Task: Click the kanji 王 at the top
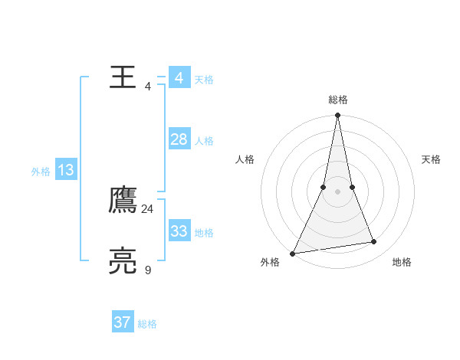point(123,77)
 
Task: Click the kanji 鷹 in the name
point(123,200)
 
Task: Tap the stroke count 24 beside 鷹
point(148,208)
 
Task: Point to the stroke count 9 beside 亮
point(148,270)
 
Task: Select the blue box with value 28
point(179,139)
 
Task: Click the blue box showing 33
point(179,231)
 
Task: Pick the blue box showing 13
point(65,170)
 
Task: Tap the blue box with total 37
point(122,322)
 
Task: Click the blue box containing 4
point(179,77)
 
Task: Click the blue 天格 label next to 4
point(204,80)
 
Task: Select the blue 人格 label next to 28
point(204,141)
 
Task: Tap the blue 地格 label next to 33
point(204,233)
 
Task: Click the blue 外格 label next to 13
point(41,172)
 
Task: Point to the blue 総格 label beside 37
point(147,325)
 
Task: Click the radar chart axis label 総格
point(338,100)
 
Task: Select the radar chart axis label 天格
point(432,159)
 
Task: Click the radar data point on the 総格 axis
point(338,116)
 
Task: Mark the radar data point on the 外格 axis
point(293,254)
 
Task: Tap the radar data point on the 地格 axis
point(374,242)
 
